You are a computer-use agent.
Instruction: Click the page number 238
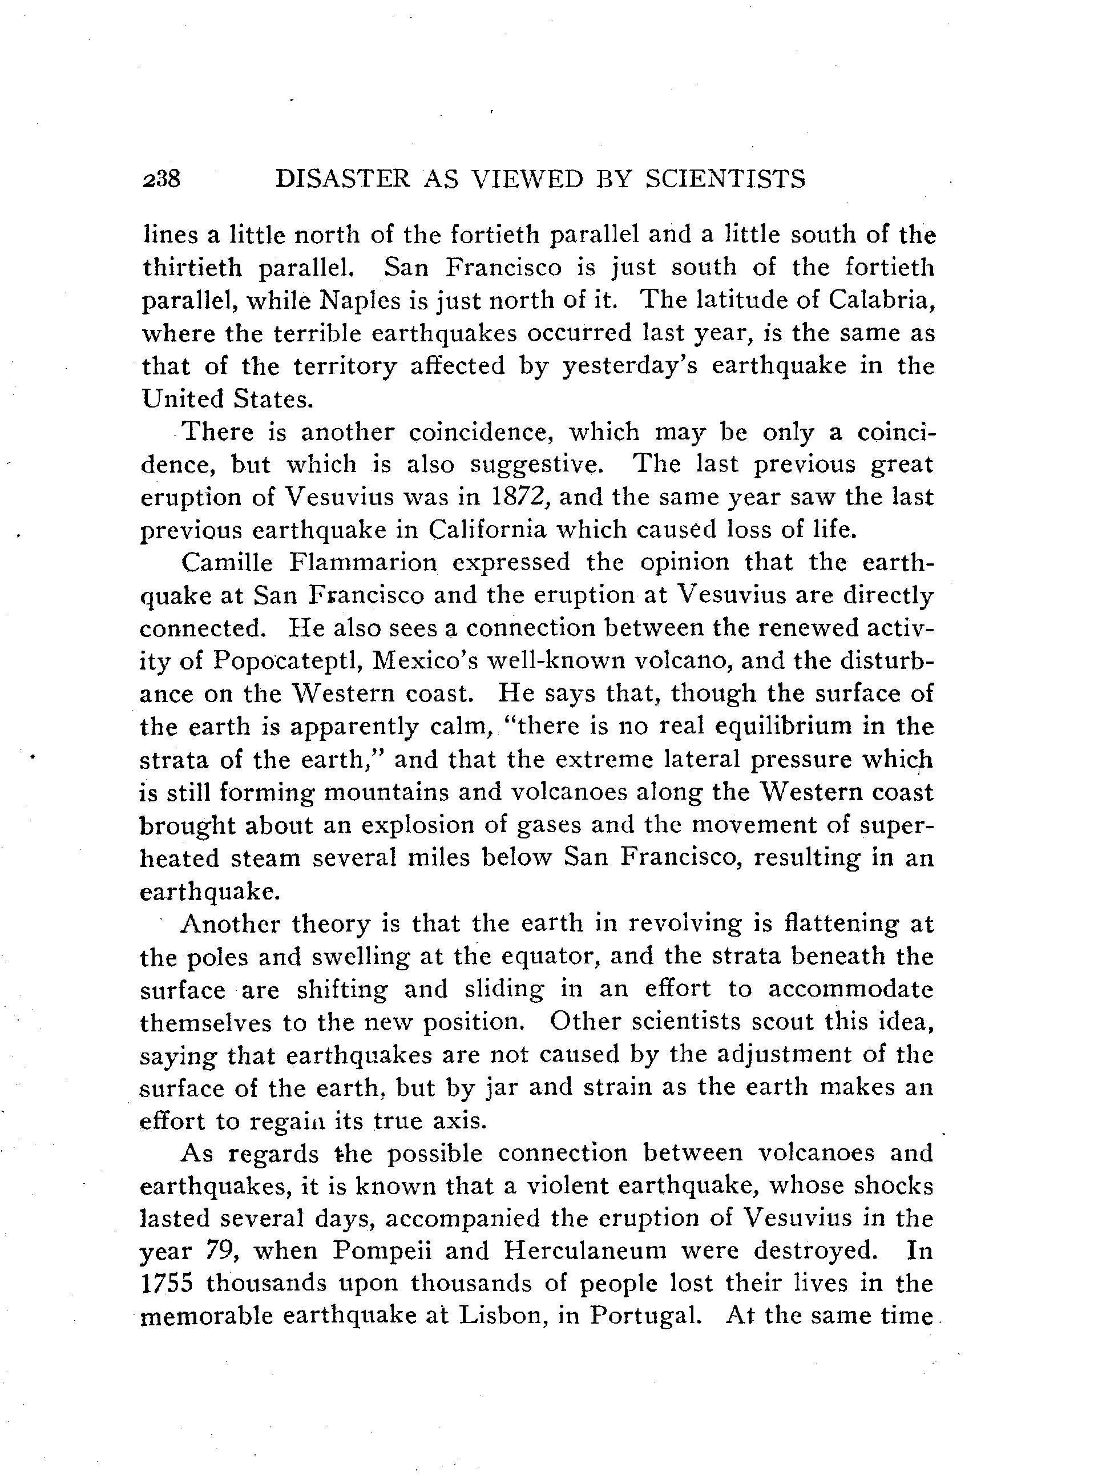click(x=162, y=179)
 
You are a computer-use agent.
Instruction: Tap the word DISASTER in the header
click(x=342, y=179)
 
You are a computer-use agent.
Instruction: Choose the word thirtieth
click(x=191, y=268)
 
